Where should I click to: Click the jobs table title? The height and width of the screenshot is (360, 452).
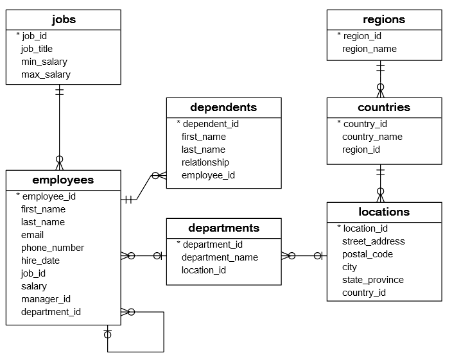[63, 19]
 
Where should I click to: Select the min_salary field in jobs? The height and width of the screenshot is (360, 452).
[44, 62]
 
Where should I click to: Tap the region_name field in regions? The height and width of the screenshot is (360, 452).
[369, 49]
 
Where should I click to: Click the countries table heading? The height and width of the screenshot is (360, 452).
[384, 107]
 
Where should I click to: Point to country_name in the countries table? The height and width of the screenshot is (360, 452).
[372, 137]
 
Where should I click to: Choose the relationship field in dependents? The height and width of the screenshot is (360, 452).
[205, 162]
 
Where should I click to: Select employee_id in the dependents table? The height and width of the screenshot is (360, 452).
[208, 175]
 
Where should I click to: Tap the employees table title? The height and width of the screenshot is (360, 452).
[63, 180]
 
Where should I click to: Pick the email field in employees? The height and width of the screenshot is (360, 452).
[32, 235]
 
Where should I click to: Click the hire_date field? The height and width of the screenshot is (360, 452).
[40, 261]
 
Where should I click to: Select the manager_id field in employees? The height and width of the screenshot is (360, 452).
[46, 299]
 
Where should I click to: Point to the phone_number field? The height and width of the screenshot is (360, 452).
[52, 248]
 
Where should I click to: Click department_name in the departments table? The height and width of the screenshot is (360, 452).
[220, 257]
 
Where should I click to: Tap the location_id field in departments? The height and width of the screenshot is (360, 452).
[204, 270]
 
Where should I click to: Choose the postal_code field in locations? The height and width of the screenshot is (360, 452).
[367, 254]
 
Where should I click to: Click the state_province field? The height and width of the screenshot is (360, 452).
[373, 280]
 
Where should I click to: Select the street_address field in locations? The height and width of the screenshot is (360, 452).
[373, 241]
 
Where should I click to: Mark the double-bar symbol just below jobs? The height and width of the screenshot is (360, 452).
[59, 91]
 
